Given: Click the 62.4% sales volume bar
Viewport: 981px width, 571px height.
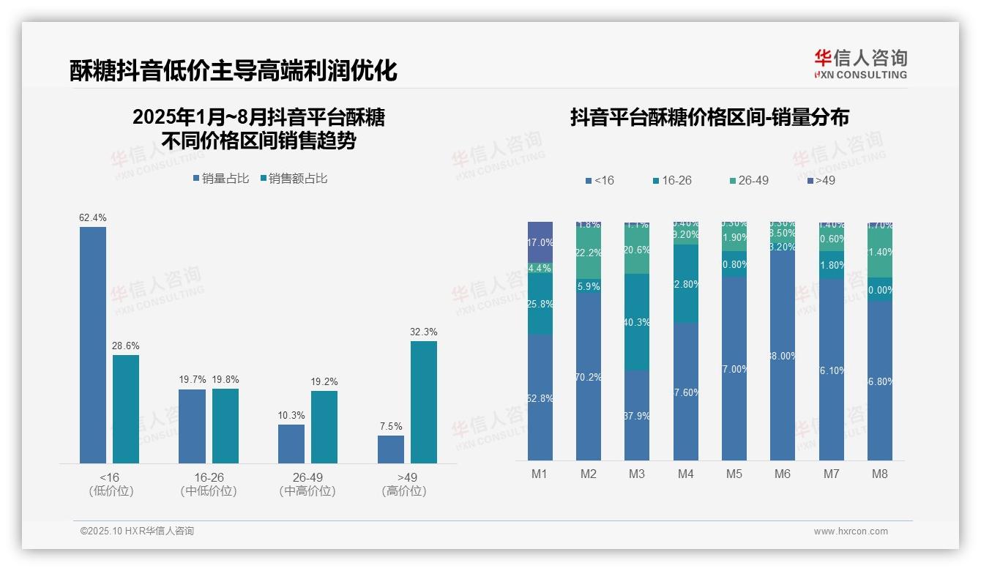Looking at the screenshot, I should coord(93,345).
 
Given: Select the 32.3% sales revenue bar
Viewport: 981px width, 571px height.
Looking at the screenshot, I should coord(424,402).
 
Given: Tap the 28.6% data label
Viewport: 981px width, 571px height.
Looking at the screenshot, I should coord(125,346).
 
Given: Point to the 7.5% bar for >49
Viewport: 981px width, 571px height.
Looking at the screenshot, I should coord(391,449).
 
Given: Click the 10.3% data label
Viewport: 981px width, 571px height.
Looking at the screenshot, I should coord(291,415).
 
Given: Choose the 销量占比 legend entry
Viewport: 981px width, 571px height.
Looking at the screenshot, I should coord(221,179).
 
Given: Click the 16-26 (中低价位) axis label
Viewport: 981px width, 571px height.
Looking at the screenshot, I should coord(209,484).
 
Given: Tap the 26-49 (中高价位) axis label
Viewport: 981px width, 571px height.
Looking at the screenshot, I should coord(307,484).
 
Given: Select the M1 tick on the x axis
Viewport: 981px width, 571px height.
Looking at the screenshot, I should coord(540,474).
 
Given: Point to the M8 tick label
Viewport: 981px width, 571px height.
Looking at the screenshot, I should coord(880,474).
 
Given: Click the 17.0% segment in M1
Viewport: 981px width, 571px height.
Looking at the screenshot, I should coord(540,242).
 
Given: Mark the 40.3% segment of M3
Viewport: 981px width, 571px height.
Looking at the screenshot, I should coord(637,322).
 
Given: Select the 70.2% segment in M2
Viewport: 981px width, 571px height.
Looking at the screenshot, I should coord(589,377).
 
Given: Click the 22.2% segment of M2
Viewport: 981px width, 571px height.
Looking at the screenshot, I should coord(589,253).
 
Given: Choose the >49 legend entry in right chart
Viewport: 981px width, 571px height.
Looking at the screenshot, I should coord(821,180).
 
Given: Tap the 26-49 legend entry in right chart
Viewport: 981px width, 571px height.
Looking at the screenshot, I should coord(749,180).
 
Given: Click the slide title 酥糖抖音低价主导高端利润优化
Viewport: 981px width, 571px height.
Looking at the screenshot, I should coord(234,71).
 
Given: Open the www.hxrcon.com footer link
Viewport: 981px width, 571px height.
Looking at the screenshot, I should coord(851,531).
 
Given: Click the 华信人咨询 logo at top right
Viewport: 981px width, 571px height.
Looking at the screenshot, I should coord(860,64).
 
